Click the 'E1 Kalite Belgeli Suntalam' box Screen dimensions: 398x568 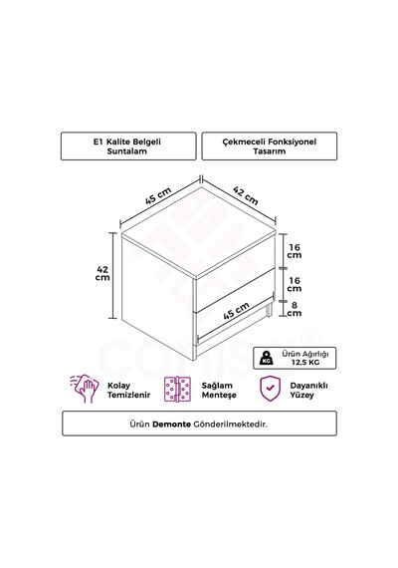(128, 145)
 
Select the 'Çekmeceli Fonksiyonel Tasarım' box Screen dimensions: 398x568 (270, 145)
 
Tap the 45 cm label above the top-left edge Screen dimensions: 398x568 (158, 195)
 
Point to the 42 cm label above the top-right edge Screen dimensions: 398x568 (246, 195)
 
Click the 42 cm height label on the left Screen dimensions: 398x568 (102, 273)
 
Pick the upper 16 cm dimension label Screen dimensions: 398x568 (295, 251)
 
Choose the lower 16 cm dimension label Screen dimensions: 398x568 (295, 284)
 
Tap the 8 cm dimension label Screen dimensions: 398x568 (295, 309)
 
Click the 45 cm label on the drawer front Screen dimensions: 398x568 (236, 311)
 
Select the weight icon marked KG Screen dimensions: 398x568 (267, 358)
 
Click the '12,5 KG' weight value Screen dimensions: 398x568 (305, 363)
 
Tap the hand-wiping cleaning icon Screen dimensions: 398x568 (85, 389)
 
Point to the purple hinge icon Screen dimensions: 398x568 (177, 389)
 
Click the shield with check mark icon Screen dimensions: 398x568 (270, 389)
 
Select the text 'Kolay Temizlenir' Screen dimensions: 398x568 (128, 391)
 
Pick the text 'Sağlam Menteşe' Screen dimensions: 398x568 (219, 391)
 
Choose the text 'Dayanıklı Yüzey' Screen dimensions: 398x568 (308, 391)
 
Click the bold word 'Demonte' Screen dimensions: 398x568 (171, 424)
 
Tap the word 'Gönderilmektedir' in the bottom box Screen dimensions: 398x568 (230, 424)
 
